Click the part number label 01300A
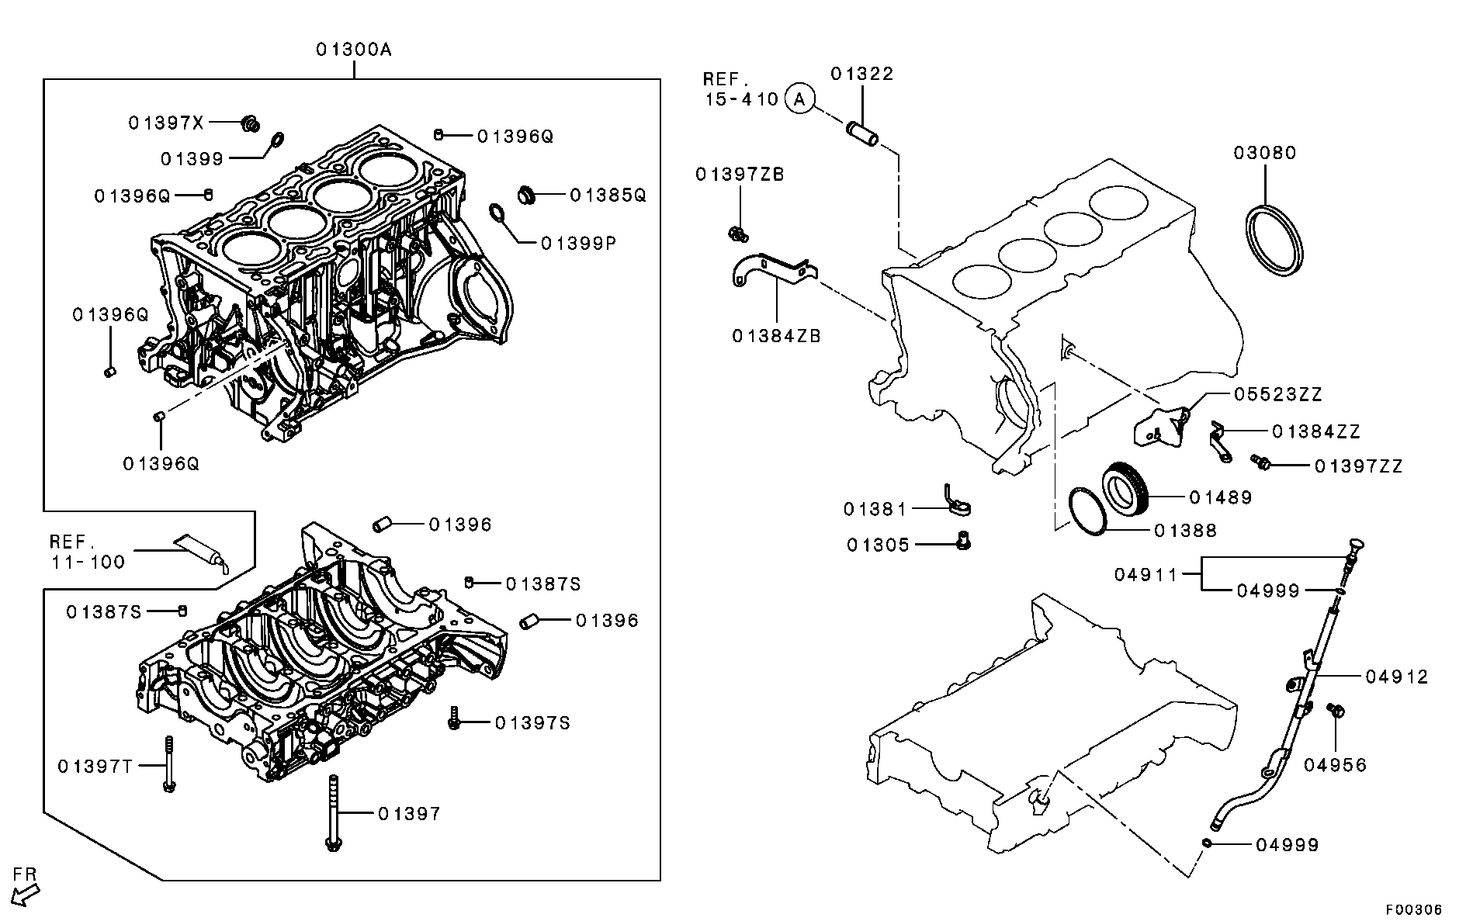(353, 50)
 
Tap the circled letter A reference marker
(800, 99)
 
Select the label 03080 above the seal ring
(1265, 153)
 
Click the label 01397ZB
(740, 175)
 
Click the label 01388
(1185, 531)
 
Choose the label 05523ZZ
(1277, 395)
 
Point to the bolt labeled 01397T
(168, 765)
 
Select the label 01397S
(532, 723)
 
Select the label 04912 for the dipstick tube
(1396, 677)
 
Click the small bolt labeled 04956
(1336, 710)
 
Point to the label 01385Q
(608, 195)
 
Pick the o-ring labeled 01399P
(497, 212)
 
